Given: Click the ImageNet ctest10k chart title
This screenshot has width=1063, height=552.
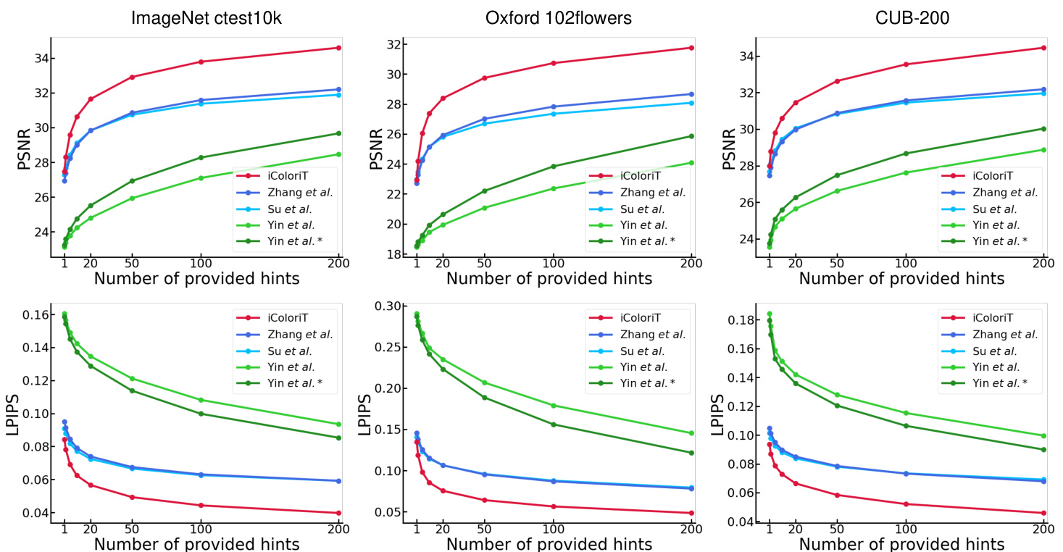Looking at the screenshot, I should (207, 19).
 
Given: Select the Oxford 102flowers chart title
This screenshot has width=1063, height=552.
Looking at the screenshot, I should (558, 19).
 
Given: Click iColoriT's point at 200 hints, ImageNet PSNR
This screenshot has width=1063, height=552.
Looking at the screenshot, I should (338, 48).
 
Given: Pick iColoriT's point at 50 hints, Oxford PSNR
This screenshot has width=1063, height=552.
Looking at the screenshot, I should (484, 78).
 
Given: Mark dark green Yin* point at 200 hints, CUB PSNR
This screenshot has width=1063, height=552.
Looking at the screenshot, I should (1043, 128).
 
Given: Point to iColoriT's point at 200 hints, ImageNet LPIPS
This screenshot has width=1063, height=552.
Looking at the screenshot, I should (338, 513).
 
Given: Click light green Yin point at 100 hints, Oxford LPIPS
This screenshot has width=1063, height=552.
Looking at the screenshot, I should (554, 406).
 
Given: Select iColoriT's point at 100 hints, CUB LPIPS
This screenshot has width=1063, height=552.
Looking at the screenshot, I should (906, 503).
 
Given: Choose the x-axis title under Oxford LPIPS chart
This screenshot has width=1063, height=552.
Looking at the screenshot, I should (549, 544).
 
